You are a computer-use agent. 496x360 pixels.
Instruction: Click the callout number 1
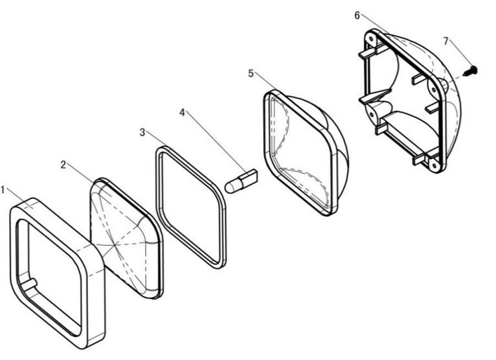click(x=3, y=190)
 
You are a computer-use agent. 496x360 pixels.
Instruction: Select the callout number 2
click(x=63, y=164)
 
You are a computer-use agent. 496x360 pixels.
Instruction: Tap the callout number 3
click(x=142, y=132)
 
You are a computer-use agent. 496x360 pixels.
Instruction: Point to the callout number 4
click(x=182, y=112)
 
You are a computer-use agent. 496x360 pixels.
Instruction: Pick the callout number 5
click(x=251, y=73)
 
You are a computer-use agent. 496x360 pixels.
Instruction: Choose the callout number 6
click(x=357, y=15)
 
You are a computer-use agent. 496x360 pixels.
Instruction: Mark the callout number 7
click(x=446, y=41)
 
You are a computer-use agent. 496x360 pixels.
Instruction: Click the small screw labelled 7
click(x=471, y=71)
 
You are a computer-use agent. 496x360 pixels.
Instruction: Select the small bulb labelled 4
click(x=241, y=180)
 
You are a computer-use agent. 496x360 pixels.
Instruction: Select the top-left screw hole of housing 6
click(x=371, y=39)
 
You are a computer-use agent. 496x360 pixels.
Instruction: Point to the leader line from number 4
click(x=215, y=141)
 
